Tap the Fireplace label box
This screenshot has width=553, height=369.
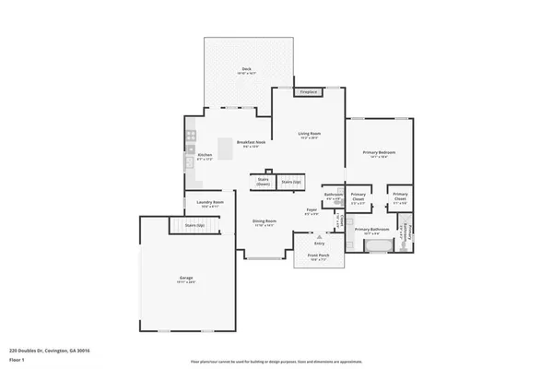click(309, 92)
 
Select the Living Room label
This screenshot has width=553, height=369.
click(308, 135)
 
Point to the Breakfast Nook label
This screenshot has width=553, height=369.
click(251, 143)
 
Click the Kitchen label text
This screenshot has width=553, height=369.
click(205, 156)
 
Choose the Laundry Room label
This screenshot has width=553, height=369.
click(208, 204)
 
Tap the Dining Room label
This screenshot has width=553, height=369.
click(265, 221)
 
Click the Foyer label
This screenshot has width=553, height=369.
click(312, 211)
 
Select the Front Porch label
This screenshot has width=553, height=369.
click(318, 259)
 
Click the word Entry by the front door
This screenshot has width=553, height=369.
click(319, 244)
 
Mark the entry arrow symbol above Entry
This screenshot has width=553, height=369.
click(319, 236)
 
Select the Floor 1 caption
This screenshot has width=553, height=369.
click(18, 359)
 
